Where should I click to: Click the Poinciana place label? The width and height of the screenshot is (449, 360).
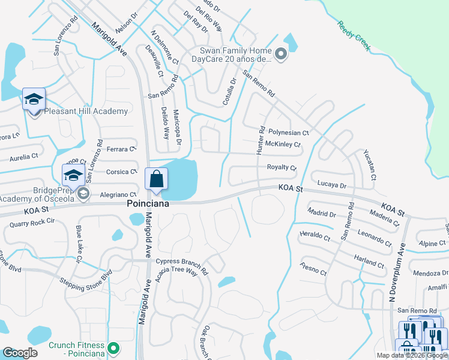click(x=147, y=204)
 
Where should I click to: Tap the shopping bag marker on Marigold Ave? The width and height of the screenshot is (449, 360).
click(x=156, y=179)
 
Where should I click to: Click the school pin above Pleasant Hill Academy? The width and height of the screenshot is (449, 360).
click(x=34, y=100)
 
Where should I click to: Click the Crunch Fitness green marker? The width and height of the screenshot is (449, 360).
click(x=112, y=347)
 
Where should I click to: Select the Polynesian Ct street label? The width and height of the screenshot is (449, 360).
click(x=288, y=132)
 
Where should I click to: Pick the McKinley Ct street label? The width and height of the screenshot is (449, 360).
click(x=283, y=145)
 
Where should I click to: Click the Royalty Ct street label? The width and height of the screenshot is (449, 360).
click(x=282, y=167)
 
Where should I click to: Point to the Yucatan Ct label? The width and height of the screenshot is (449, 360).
click(x=369, y=165)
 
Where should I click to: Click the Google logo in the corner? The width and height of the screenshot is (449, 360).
click(x=20, y=353)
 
